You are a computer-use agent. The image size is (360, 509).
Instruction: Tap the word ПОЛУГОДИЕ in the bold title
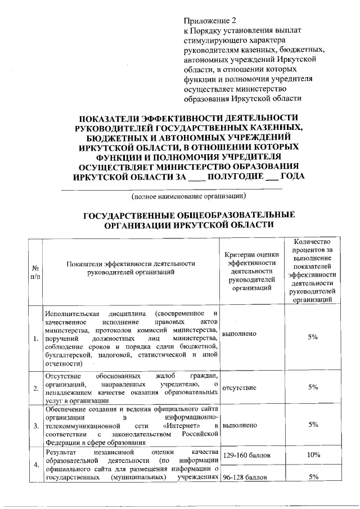point(232,176)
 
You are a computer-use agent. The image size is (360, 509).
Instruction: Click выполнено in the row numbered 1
point(240,334)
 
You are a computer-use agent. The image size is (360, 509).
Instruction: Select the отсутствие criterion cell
point(240,388)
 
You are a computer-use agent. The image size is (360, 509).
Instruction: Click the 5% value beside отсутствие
point(313,388)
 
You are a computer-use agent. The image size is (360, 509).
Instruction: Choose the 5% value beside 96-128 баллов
point(313,478)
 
